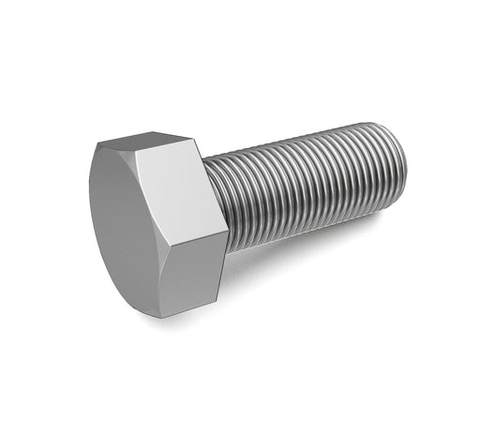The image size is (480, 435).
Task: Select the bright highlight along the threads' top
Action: (300, 141)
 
